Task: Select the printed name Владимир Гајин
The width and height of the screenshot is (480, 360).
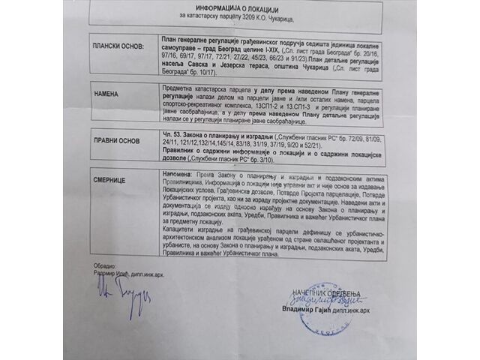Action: (309, 330)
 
